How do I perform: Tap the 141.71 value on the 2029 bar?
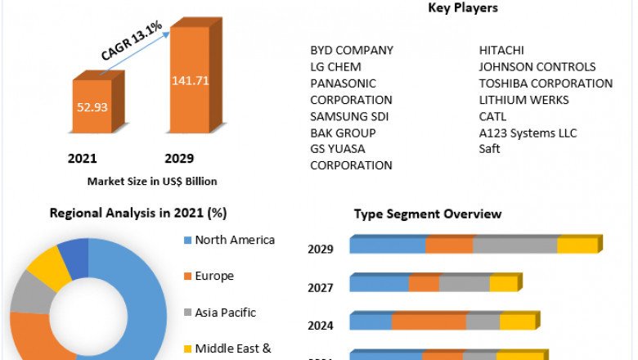click(x=189, y=80)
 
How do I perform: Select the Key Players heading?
click(x=463, y=8)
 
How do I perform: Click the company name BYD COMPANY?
click(x=352, y=50)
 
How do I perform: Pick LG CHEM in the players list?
click(x=335, y=66)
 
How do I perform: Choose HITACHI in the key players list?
click(x=501, y=50)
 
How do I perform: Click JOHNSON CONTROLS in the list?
click(x=537, y=66)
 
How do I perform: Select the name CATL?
click(x=492, y=116)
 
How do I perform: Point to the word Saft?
click(x=489, y=149)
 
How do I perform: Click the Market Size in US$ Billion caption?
click(x=152, y=181)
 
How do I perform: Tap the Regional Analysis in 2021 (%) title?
click(x=138, y=213)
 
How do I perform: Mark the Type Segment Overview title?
click(x=428, y=214)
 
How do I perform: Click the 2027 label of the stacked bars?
click(x=320, y=287)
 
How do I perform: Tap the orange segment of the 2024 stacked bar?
click(x=429, y=322)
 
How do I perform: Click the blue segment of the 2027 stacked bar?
click(x=380, y=284)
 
